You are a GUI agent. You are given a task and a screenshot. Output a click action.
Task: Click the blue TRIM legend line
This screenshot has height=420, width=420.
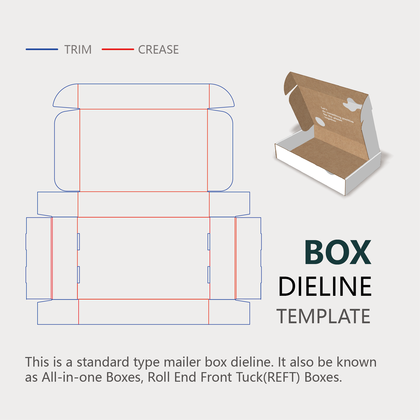[x=42, y=49]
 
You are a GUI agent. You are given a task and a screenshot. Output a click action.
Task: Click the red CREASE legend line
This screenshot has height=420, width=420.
[x=118, y=49]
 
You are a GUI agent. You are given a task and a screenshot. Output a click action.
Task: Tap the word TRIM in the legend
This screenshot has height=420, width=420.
[x=78, y=50]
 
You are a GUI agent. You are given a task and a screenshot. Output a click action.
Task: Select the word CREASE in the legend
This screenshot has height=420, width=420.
[x=158, y=50]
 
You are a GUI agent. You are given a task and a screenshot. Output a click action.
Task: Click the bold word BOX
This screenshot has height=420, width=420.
[x=338, y=252]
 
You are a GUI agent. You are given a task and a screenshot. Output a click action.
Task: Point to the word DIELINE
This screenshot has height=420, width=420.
[x=325, y=286]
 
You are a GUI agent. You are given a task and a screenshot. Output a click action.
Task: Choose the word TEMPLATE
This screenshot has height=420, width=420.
[x=324, y=316]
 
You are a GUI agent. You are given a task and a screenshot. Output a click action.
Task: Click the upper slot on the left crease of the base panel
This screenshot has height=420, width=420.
[x=79, y=242]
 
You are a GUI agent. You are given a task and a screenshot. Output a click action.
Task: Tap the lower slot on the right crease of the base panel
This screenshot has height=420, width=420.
[x=209, y=275]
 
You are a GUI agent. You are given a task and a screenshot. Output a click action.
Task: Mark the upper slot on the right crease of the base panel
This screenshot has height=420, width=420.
[x=209, y=242]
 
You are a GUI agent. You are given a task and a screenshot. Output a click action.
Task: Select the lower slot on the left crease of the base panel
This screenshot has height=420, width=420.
[x=79, y=275]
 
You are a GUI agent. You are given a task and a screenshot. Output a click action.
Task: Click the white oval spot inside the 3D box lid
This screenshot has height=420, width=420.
[x=320, y=121]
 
